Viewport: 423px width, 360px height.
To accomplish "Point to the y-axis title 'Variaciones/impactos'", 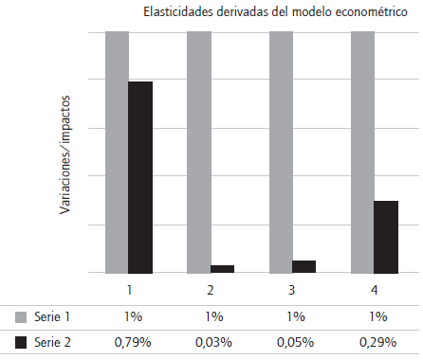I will pyautogui.click(x=66, y=153).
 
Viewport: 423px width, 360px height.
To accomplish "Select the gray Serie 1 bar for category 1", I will pyautogui.click(x=117, y=152).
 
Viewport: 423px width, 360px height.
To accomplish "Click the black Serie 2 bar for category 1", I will pyautogui.click(x=140, y=177).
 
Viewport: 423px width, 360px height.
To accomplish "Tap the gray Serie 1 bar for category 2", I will pyautogui.click(x=198, y=152).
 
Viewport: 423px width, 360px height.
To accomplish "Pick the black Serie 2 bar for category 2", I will pyautogui.click(x=222, y=269).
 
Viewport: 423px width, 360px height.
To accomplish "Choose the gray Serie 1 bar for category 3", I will pyautogui.click(x=281, y=152).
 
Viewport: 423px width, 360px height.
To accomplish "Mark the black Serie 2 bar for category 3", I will pyautogui.click(x=304, y=266).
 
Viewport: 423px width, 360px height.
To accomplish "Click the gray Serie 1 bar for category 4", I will pyautogui.click(x=362, y=152).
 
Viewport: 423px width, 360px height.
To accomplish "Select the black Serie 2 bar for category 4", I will pyautogui.click(x=386, y=237).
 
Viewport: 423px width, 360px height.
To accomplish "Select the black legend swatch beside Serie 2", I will pyautogui.click(x=22, y=340).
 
